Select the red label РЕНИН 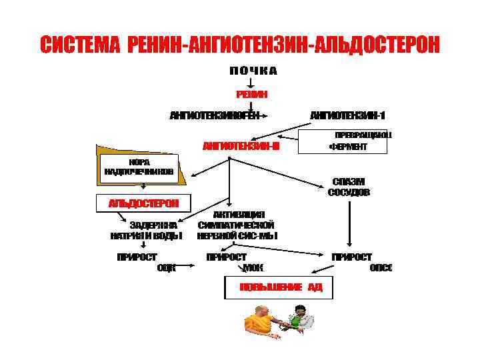[251, 95]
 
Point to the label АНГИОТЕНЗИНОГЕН [215, 115]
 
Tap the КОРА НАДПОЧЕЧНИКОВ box [139, 167]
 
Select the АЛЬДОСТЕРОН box [143, 202]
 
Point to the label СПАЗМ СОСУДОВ [348, 187]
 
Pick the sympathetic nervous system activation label [237, 225]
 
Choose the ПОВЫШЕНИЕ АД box [276, 287]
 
